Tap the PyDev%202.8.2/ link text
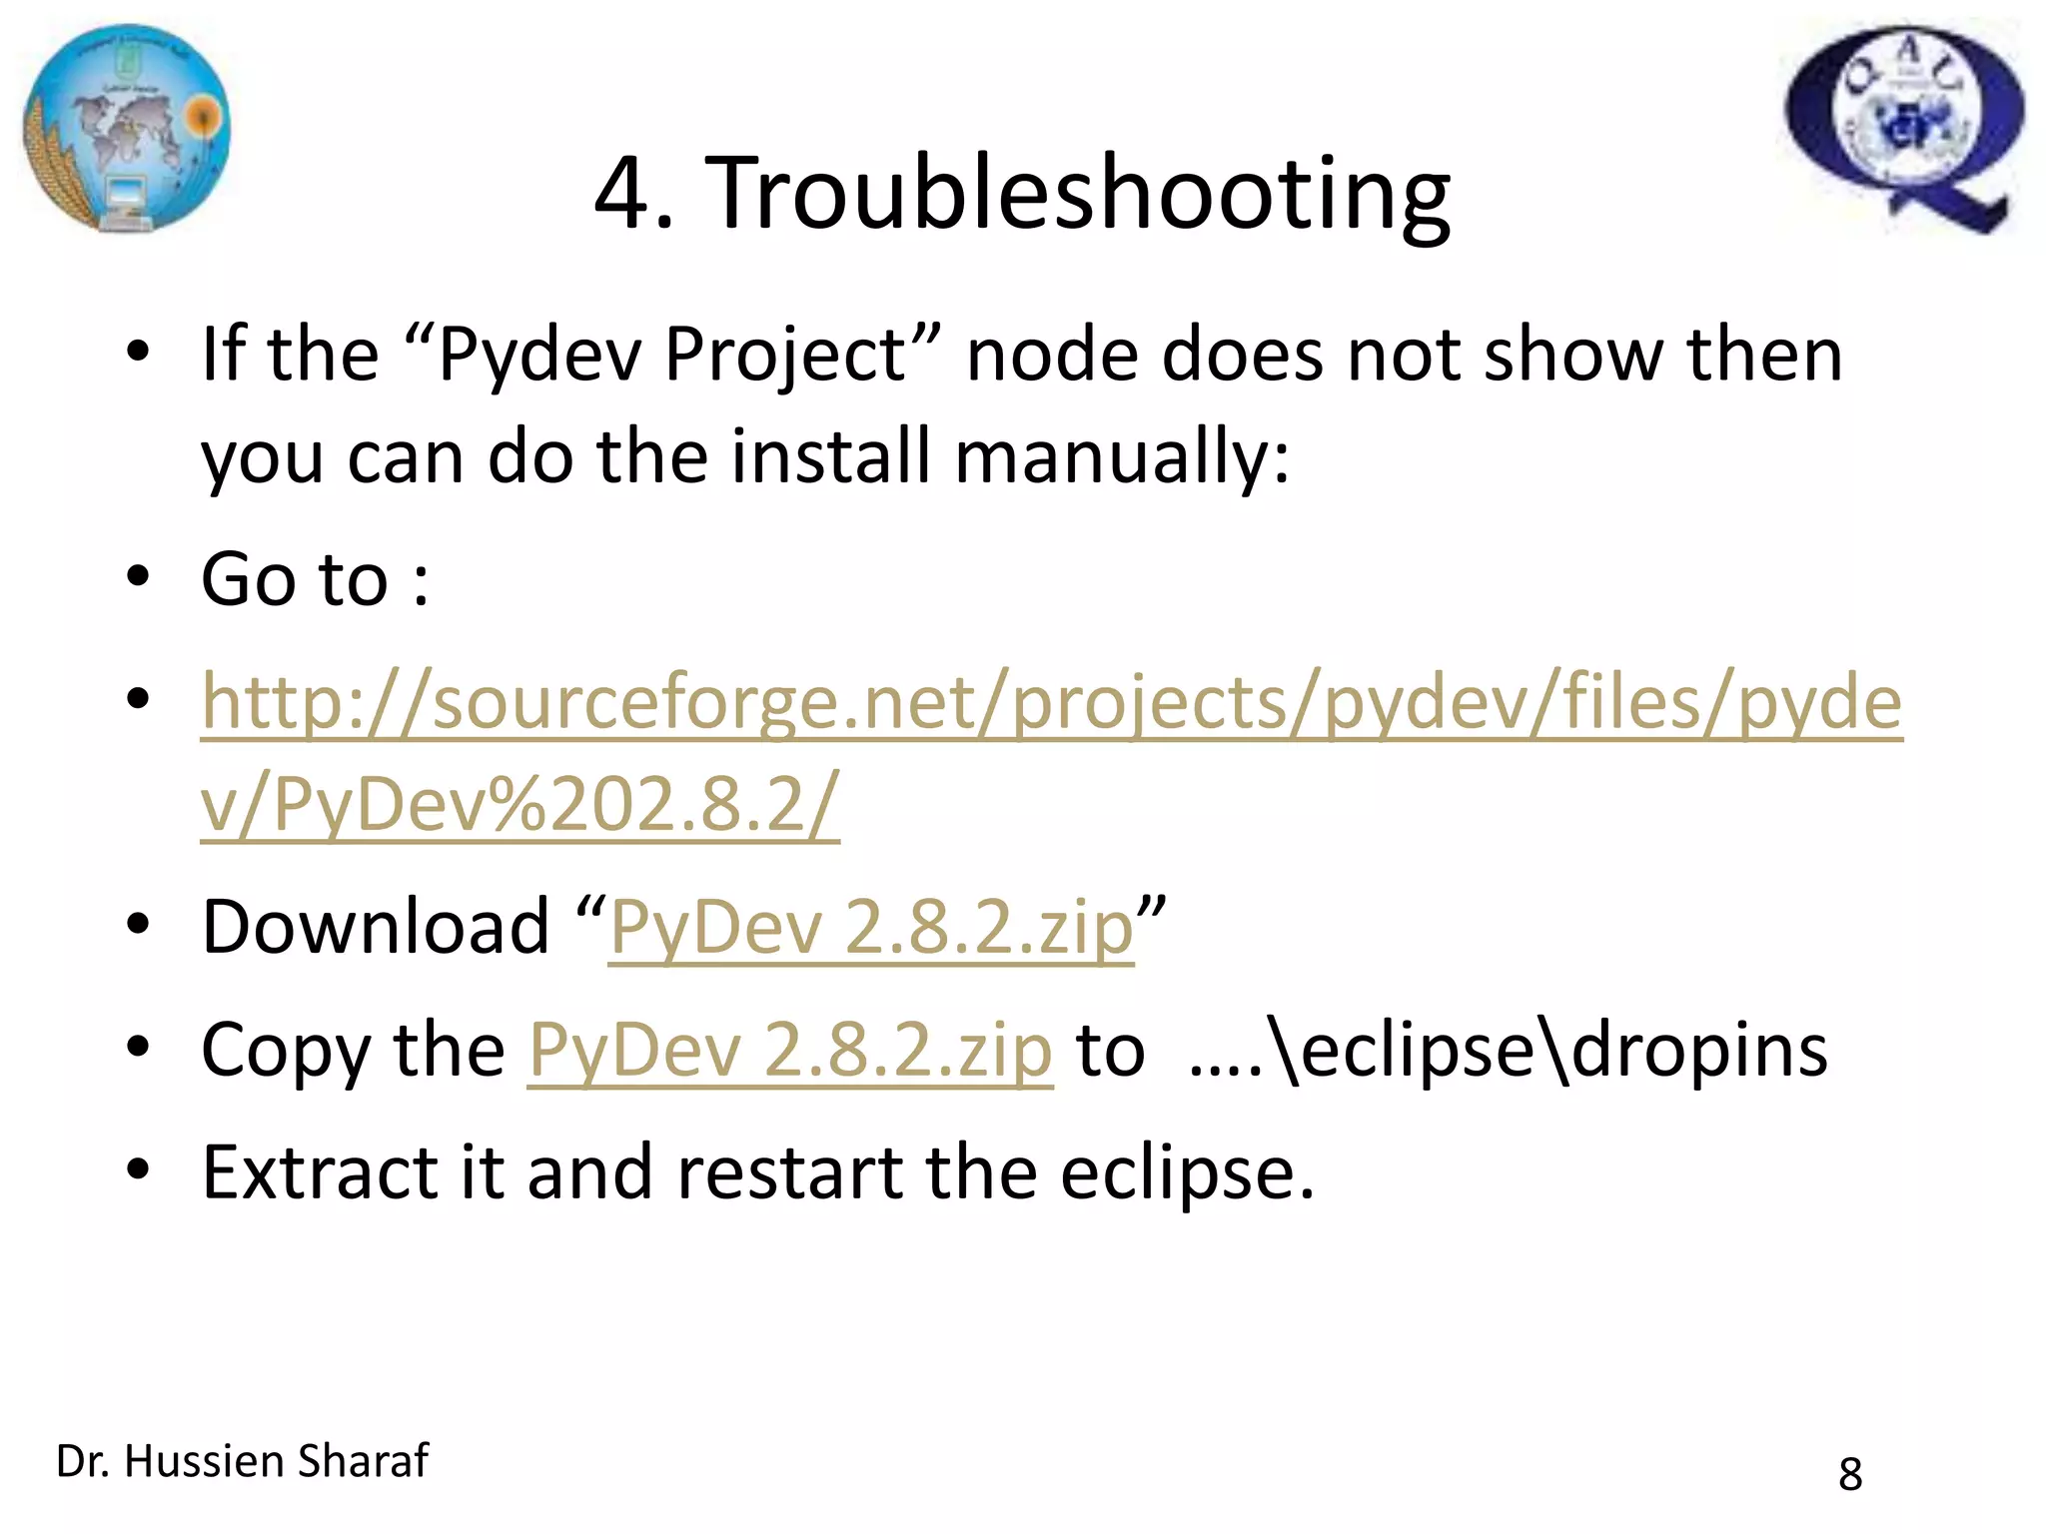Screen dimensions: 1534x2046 pyautogui.click(x=519, y=805)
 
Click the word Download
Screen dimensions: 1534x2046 pyautogui.click(x=376, y=927)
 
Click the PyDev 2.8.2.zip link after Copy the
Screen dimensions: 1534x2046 pyautogui.click(x=789, y=1052)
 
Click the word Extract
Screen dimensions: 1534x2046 pyautogui.click(x=319, y=1172)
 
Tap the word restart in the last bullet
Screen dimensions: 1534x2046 pyautogui.click(x=790, y=1172)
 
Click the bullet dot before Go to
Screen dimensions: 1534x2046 pyautogui.click(x=138, y=576)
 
